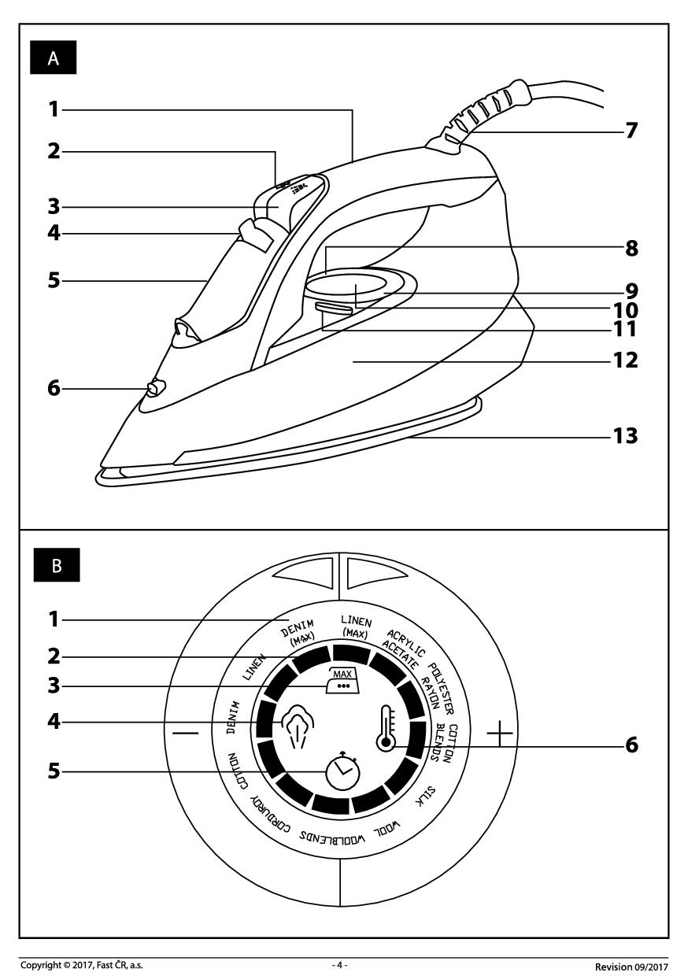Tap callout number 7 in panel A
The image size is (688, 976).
click(x=630, y=131)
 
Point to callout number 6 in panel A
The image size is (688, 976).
click(x=54, y=388)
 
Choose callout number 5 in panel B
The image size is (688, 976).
click(x=54, y=772)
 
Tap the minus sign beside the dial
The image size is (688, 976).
click(x=186, y=732)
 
